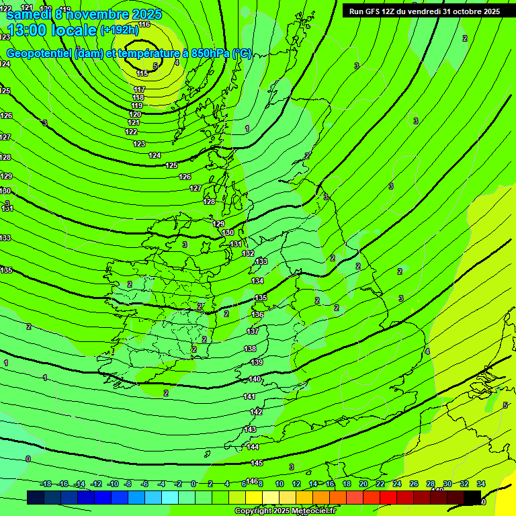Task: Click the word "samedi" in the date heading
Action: click(31, 14)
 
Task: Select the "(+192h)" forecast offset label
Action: click(119, 30)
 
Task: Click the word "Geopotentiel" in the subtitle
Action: click(40, 54)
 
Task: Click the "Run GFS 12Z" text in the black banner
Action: click(372, 11)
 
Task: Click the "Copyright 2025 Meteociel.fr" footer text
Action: click(284, 511)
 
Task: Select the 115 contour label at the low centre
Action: click(142, 73)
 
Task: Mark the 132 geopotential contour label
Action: click(248, 253)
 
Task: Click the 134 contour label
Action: click(257, 281)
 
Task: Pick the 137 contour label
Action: click(253, 331)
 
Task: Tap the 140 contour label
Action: click(255, 380)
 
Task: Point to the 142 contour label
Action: click(256, 412)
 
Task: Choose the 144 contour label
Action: click(253, 447)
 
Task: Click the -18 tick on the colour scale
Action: click(46, 484)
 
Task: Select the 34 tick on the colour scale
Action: click(481, 484)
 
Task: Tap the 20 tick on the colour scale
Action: click(363, 484)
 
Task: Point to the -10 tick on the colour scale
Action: click(113, 484)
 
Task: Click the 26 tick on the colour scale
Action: click(414, 484)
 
